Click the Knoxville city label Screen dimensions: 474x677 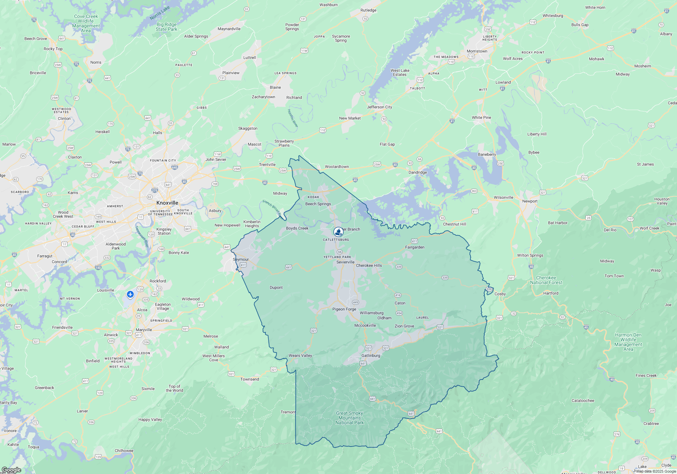pyautogui.click(x=167, y=203)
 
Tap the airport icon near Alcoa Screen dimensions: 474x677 pyautogui.click(x=130, y=294)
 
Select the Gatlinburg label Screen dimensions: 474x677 pyautogui.click(x=371, y=355)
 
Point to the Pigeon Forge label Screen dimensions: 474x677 pyautogui.click(x=344, y=309)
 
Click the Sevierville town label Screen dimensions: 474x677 pyautogui.click(x=345, y=262)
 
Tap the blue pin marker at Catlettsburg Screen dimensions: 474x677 pyautogui.click(x=338, y=232)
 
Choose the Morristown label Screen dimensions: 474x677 pyautogui.click(x=477, y=51)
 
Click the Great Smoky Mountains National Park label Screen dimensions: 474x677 pyautogui.click(x=350, y=418)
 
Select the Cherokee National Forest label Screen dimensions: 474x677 pyautogui.click(x=546, y=280)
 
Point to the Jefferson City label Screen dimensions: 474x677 pyautogui.click(x=379, y=107)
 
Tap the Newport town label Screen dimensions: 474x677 pyautogui.click(x=530, y=201)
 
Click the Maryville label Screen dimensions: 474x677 pyautogui.click(x=144, y=330)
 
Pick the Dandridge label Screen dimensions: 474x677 pyautogui.click(x=418, y=172)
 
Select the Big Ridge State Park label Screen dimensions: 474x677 pyautogui.click(x=167, y=27)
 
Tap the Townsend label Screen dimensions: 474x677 pyautogui.click(x=249, y=379)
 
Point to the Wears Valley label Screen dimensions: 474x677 pyautogui.click(x=300, y=355)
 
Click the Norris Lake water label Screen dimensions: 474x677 pyautogui.click(x=160, y=13)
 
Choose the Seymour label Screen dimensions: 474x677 pyautogui.click(x=241, y=259)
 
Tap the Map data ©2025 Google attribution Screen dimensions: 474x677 pyautogui.click(x=656, y=471)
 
